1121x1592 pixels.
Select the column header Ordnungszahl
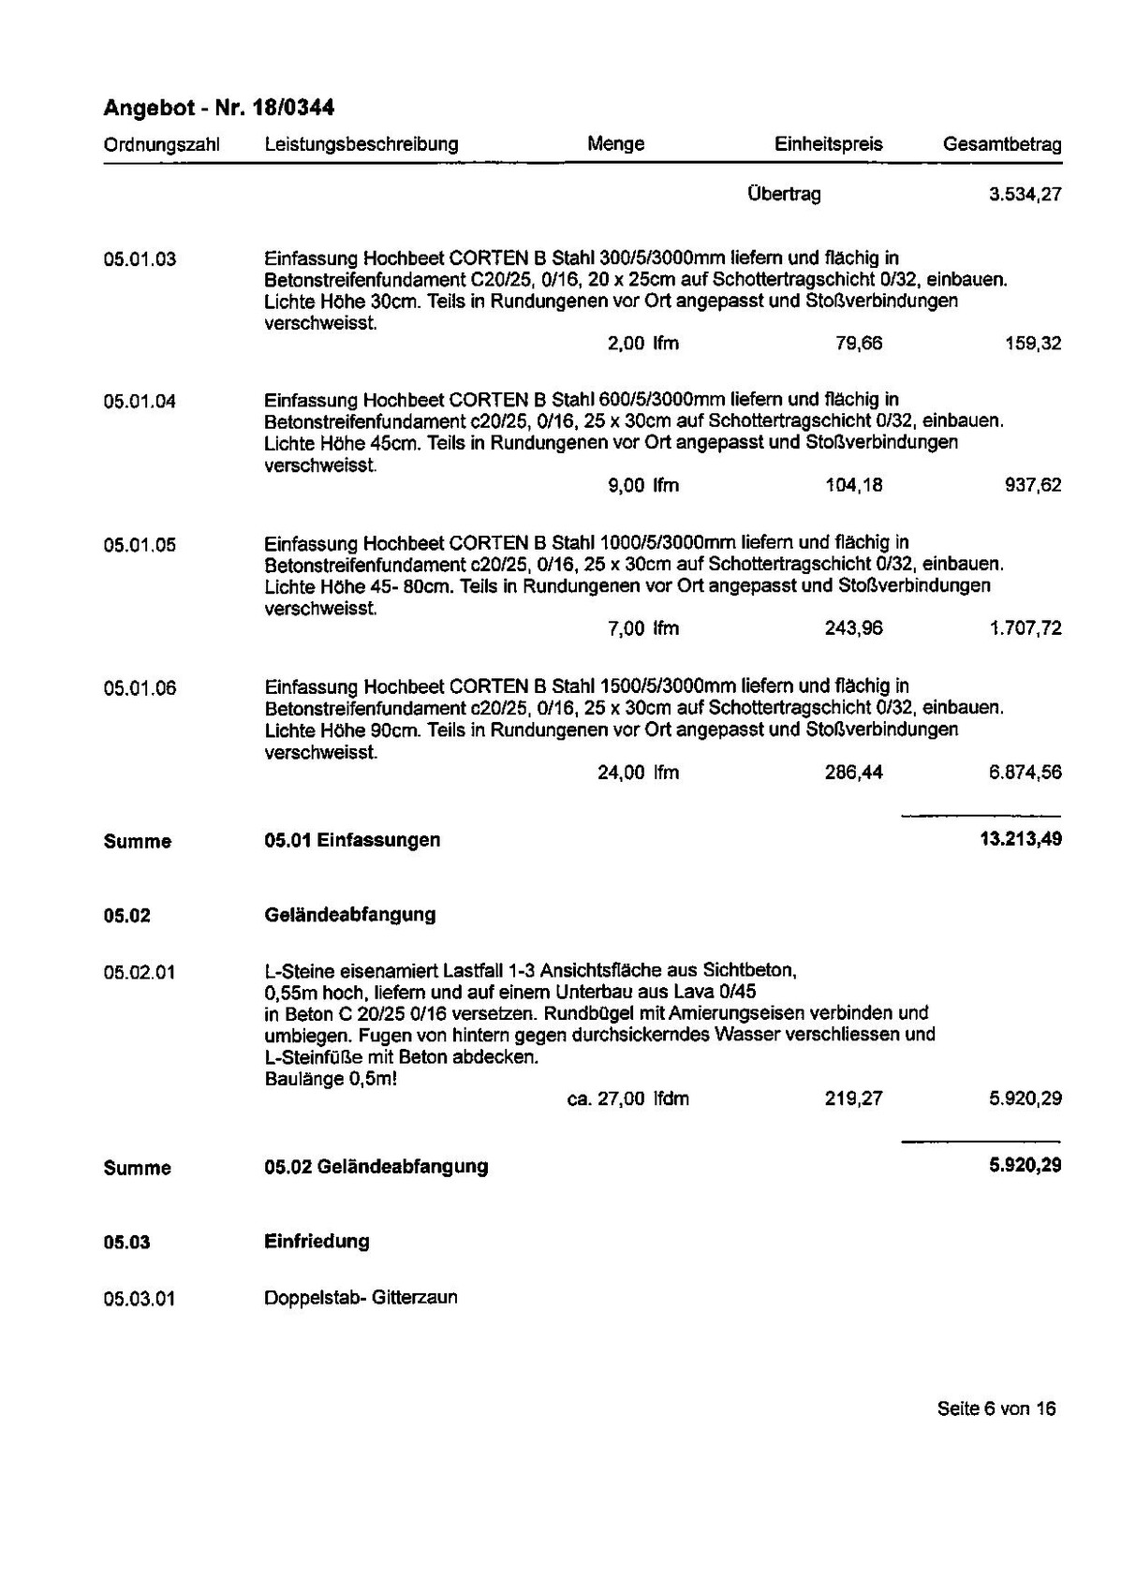[x=161, y=145]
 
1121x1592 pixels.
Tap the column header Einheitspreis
[x=828, y=144]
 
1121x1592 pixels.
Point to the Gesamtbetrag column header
[x=1002, y=144]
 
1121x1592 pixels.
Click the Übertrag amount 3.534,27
[x=1025, y=195]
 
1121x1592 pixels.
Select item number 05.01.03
[x=140, y=259]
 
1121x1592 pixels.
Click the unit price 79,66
[x=858, y=344]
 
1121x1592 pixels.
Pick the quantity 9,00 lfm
[x=642, y=485]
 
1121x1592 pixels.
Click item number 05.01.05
[x=140, y=545]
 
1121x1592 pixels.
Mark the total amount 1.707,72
[x=1025, y=628]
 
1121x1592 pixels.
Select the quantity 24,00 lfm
[x=638, y=773]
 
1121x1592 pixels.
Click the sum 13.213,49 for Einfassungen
[x=1020, y=839]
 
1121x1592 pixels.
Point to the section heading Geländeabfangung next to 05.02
[x=350, y=914]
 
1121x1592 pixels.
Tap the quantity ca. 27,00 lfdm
[x=628, y=1098]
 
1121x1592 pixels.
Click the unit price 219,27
[x=853, y=1098]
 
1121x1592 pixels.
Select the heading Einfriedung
[x=317, y=1242]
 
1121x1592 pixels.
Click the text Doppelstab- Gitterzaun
[x=361, y=1298]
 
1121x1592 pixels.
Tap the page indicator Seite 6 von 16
[x=996, y=1408]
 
